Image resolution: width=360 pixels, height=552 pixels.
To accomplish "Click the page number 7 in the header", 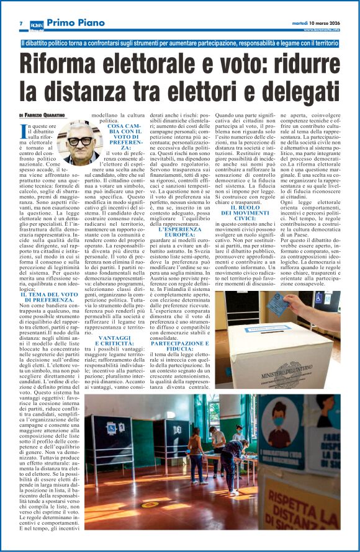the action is coord(22,24).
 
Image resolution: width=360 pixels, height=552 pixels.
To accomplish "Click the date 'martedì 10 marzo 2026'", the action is coord(317,24).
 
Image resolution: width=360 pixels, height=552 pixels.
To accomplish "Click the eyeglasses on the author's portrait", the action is coord(80,141).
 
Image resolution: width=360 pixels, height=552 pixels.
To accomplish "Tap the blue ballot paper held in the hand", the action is coord(295,305).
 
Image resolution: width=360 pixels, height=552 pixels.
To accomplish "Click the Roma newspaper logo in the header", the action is coord(37,24).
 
